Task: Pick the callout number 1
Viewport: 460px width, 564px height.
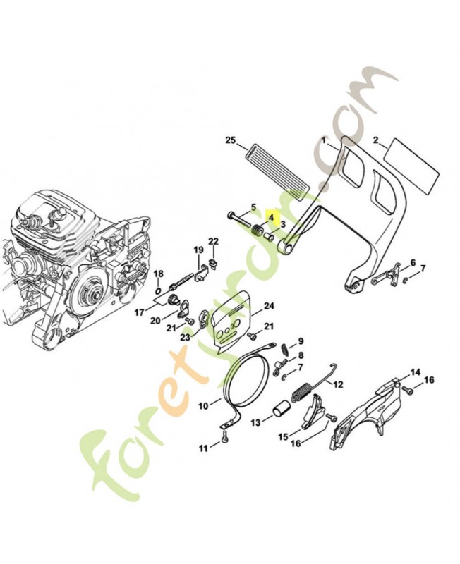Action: (x=325, y=140)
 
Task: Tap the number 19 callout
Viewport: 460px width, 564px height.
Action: (x=199, y=250)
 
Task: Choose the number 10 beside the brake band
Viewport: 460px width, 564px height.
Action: (x=203, y=406)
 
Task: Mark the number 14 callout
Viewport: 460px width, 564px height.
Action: (x=415, y=372)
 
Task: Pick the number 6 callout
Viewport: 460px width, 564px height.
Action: (x=413, y=262)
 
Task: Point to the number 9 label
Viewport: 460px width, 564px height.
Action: (x=300, y=341)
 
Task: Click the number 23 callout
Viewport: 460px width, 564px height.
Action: (x=185, y=337)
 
